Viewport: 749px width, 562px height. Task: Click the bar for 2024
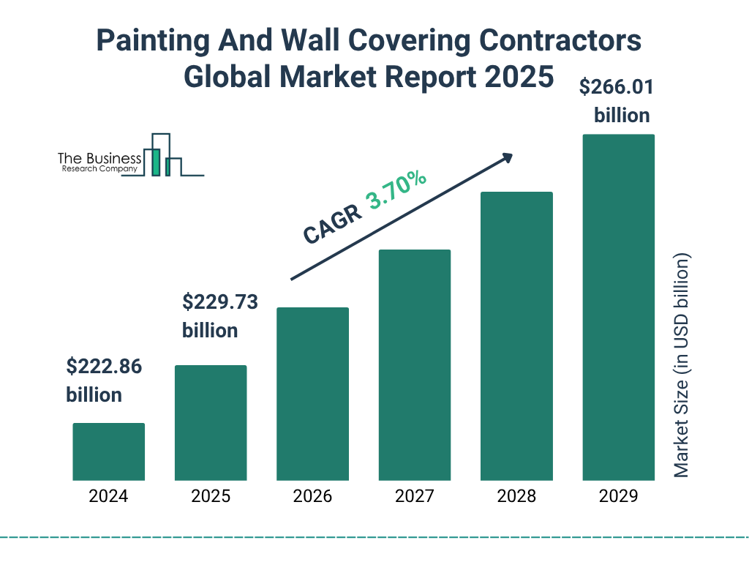[108, 452]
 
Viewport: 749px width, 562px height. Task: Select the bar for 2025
[211, 422]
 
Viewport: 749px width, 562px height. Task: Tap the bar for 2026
[312, 394]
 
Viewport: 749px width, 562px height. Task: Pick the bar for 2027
[415, 364]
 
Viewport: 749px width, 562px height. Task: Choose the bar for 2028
[516, 336]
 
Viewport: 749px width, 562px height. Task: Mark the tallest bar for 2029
[618, 307]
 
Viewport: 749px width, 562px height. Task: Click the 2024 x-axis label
[108, 496]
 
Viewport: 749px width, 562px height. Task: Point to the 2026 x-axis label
[312, 496]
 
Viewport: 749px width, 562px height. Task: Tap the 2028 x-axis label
[516, 496]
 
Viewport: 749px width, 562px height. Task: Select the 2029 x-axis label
[618, 496]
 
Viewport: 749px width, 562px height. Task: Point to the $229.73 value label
[219, 302]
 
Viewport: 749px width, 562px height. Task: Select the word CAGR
[332, 224]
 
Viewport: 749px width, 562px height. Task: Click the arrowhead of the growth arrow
[506, 157]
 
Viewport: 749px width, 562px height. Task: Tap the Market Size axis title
[682, 366]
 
